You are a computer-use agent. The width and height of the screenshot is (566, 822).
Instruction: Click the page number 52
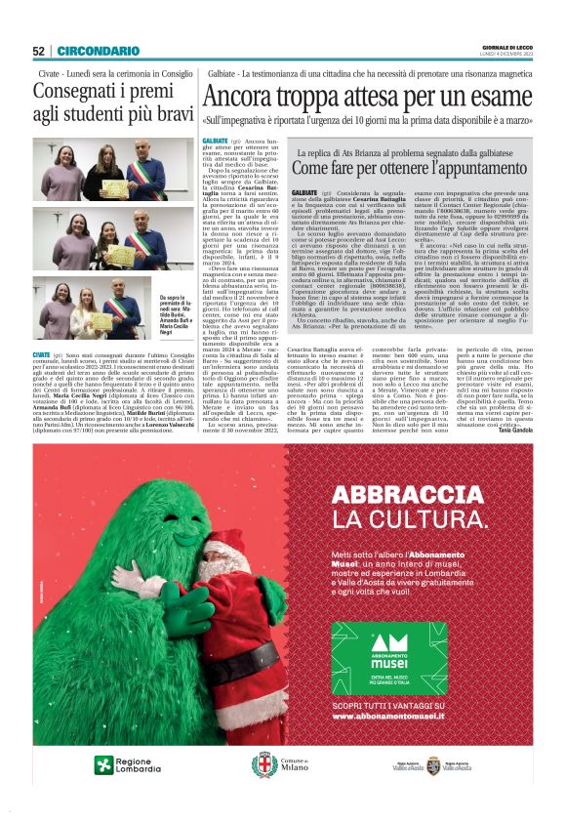tap(39, 51)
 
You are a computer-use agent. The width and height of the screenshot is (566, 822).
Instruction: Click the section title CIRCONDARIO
tap(98, 51)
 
